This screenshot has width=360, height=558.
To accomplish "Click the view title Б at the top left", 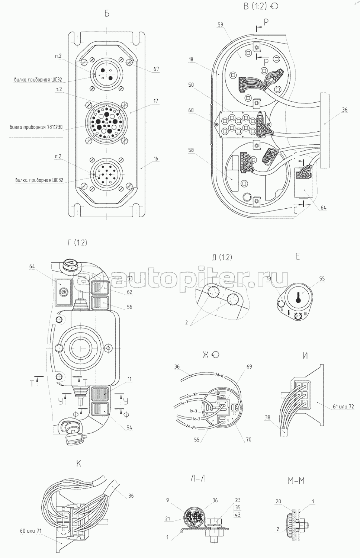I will [107, 14].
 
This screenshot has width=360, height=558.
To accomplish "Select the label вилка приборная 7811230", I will [36, 127].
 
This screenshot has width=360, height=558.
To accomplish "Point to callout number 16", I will [155, 159].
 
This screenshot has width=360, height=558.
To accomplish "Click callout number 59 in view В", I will [220, 25].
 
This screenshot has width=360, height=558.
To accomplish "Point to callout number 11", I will [129, 379].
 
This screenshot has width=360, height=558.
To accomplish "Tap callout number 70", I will [248, 439].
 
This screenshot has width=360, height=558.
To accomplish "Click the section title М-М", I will [296, 481].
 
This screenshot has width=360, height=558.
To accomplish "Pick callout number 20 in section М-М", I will [278, 501].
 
